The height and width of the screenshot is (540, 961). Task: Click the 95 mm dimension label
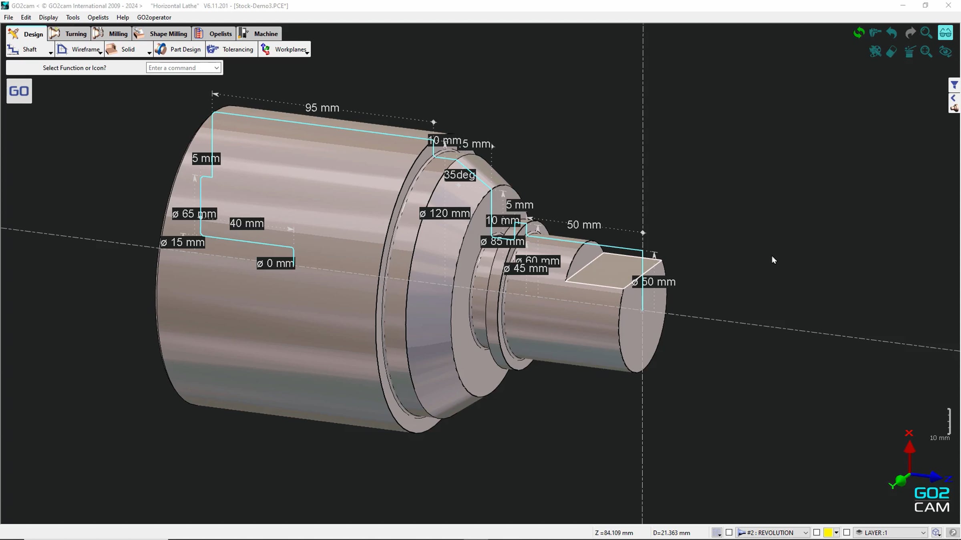pyautogui.click(x=322, y=108)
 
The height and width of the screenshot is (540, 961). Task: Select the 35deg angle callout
pyautogui.click(x=459, y=175)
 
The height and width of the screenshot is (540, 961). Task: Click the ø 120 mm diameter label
pyautogui.click(x=444, y=213)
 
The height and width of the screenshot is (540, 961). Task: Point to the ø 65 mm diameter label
pyautogui.click(x=194, y=214)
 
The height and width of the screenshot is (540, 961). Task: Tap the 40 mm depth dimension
pyautogui.click(x=247, y=223)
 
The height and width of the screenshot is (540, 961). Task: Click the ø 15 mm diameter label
pyautogui.click(x=183, y=242)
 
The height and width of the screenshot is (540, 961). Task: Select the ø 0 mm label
pyautogui.click(x=275, y=263)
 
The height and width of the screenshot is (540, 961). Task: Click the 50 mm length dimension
pyautogui.click(x=583, y=225)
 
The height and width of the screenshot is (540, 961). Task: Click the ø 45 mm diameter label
pyautogui.click(x=525, y=268)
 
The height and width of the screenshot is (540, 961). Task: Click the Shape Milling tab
pyautogui.click(x=162, y=34)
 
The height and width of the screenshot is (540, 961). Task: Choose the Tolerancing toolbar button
pyautogui.click(x=231, y=50)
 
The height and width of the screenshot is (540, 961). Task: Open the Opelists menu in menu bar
pyautogui.click(x=98, y=17)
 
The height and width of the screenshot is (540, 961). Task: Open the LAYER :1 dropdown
pyautogui.click(x=891, y=532)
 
